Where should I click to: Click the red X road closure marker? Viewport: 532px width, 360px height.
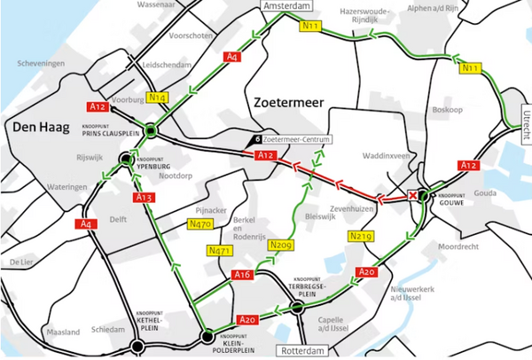412,196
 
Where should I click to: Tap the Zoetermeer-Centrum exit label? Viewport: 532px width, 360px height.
299,140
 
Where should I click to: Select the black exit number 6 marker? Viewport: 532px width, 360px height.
256,140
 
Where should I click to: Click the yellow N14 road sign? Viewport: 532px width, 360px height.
158,97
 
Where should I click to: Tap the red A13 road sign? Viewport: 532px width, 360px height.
145,197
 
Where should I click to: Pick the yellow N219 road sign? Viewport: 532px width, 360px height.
360,236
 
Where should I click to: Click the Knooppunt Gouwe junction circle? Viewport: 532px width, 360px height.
424,196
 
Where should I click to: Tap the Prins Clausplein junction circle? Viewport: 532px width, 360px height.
152,131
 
